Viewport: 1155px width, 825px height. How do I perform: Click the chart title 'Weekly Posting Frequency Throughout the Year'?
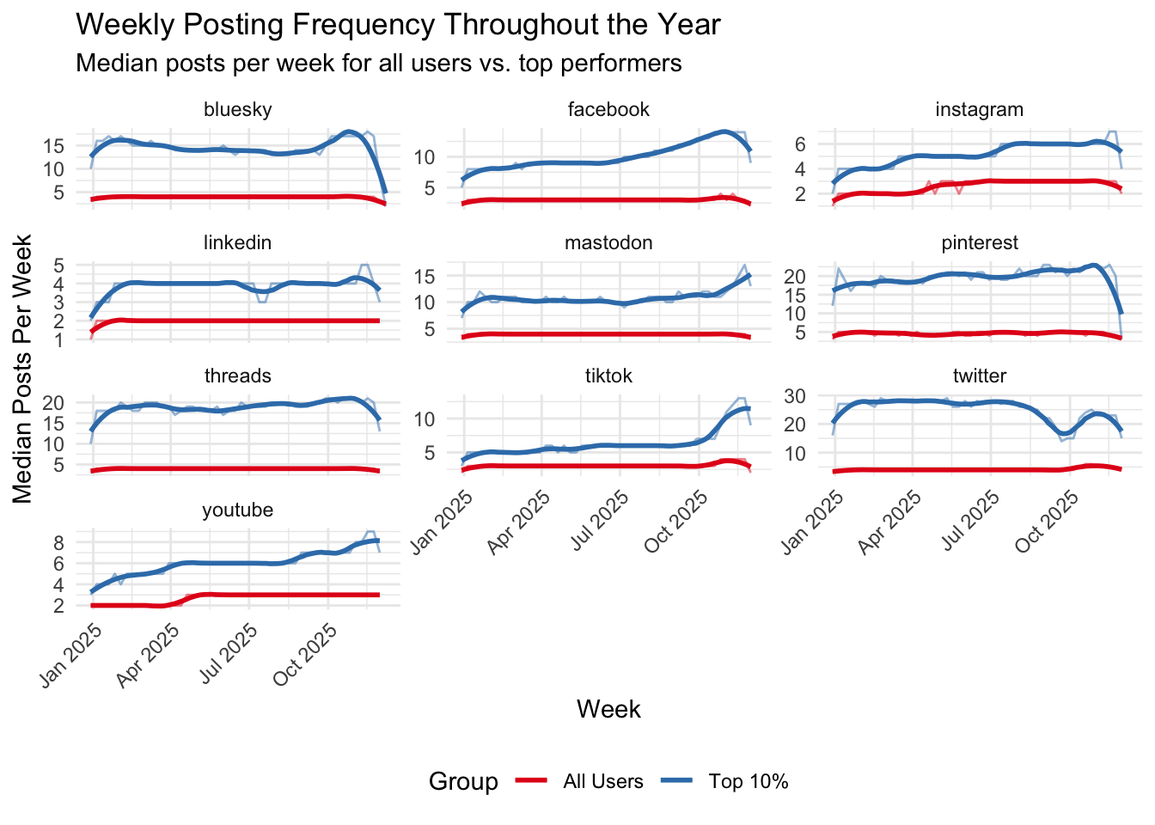tap(398, 25)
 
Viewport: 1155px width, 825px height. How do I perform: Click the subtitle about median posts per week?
tap(379, 64)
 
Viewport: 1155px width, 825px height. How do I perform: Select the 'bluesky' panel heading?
tap(238, 109)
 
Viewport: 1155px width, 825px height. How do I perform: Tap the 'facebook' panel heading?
tap(608, 109)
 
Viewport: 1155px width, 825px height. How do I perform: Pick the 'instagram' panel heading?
tap(979, 109)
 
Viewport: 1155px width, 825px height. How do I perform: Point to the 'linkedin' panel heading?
tap(238, 242)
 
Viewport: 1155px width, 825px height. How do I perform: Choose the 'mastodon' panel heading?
tap(608, 242)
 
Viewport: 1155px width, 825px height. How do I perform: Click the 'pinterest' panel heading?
tap(979, 242)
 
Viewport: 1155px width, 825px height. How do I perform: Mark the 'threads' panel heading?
tap(238, 376)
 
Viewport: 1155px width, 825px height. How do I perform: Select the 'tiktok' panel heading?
tap(608, 376)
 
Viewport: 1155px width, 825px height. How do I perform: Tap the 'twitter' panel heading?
tap(979, 376)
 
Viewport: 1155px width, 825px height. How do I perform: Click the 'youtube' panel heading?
tap(238, 510)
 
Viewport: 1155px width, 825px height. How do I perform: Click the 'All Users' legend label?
tap(603, 781)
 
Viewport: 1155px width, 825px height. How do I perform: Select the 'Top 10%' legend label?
tap(749, 781)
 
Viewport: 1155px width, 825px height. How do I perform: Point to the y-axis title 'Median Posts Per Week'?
tap(23, 370)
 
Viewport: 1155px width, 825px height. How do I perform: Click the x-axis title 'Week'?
tap(608, 709)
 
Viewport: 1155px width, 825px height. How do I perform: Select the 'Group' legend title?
tap(463, 781)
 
